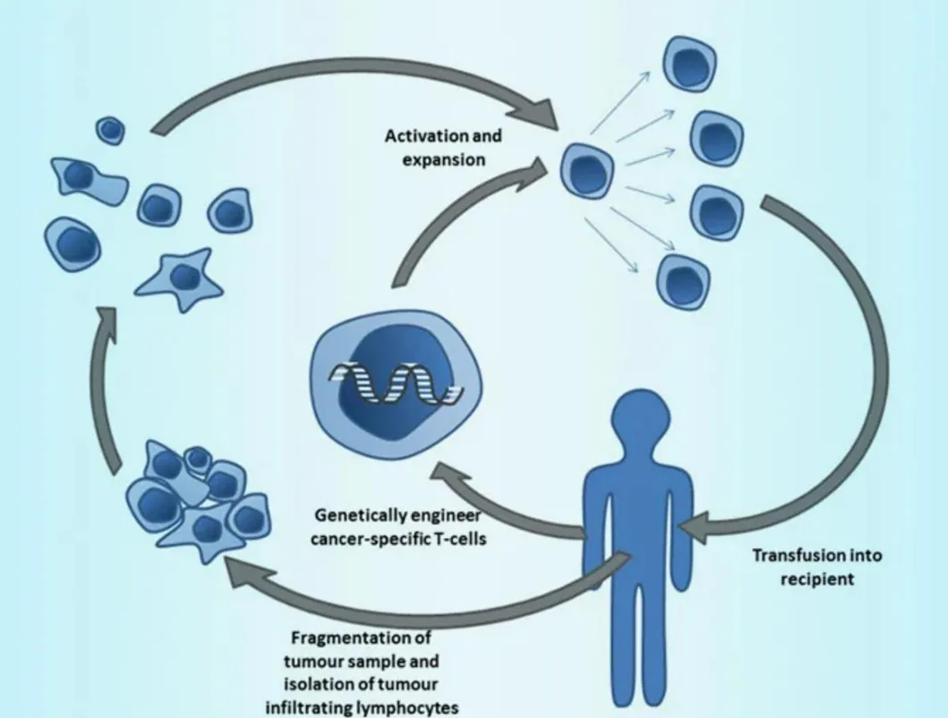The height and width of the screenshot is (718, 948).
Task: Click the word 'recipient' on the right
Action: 816,578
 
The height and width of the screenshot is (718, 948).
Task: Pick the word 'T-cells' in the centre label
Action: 455,539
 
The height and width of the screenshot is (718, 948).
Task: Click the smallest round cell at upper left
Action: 110,131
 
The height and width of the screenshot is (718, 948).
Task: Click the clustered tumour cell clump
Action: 196,499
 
